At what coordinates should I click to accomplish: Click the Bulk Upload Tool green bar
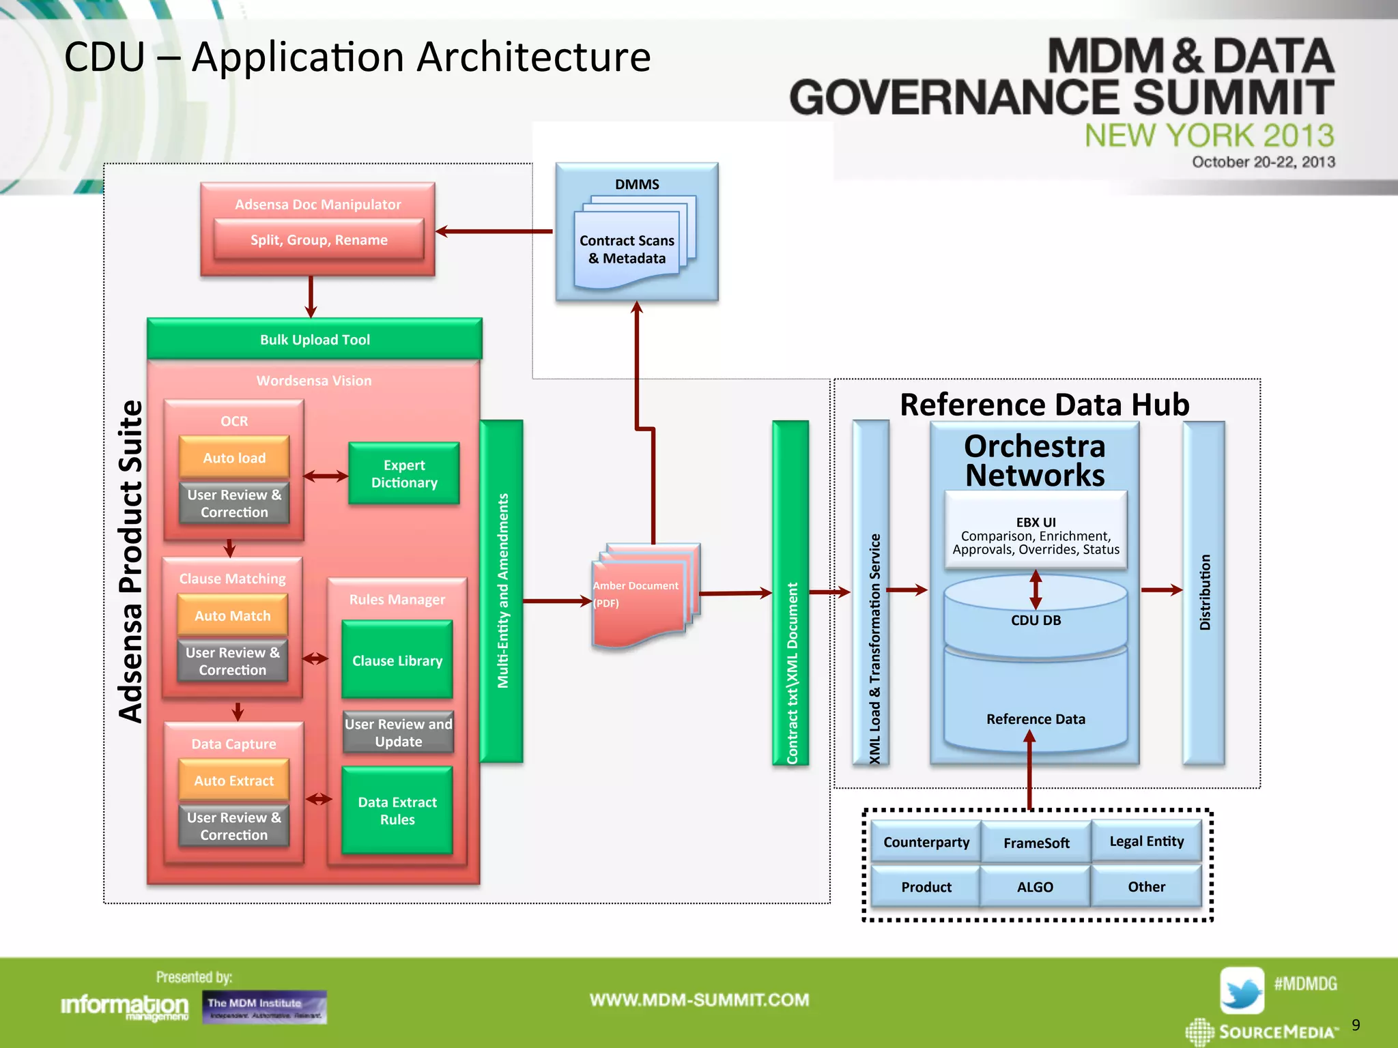click(315, 339)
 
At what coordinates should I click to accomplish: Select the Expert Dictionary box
click(404, 474)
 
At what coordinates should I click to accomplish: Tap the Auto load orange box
click(234, 457)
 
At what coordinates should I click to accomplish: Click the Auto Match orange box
click(232, 615)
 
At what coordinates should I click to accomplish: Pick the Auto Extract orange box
click(233, 780)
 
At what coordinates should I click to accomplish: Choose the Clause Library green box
click(397, 660)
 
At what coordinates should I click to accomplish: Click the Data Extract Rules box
click(397, 811)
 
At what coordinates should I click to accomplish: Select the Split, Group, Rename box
click(319, 239)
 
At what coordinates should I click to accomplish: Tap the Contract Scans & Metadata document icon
click(627, 250)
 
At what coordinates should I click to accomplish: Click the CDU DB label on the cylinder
click(1036, 620)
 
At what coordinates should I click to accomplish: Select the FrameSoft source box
click(1036, 843)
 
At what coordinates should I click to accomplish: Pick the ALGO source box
click(1035, 886)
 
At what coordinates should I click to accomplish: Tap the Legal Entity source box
click(1146, 841)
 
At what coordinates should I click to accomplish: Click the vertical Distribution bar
click(1204, 592)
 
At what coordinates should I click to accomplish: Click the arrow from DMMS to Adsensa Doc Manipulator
click(494, 231)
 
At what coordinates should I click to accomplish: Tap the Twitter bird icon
click(1241, 990)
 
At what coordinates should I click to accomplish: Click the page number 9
click(1355, 1025)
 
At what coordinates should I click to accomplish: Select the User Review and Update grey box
click(398, 732)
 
